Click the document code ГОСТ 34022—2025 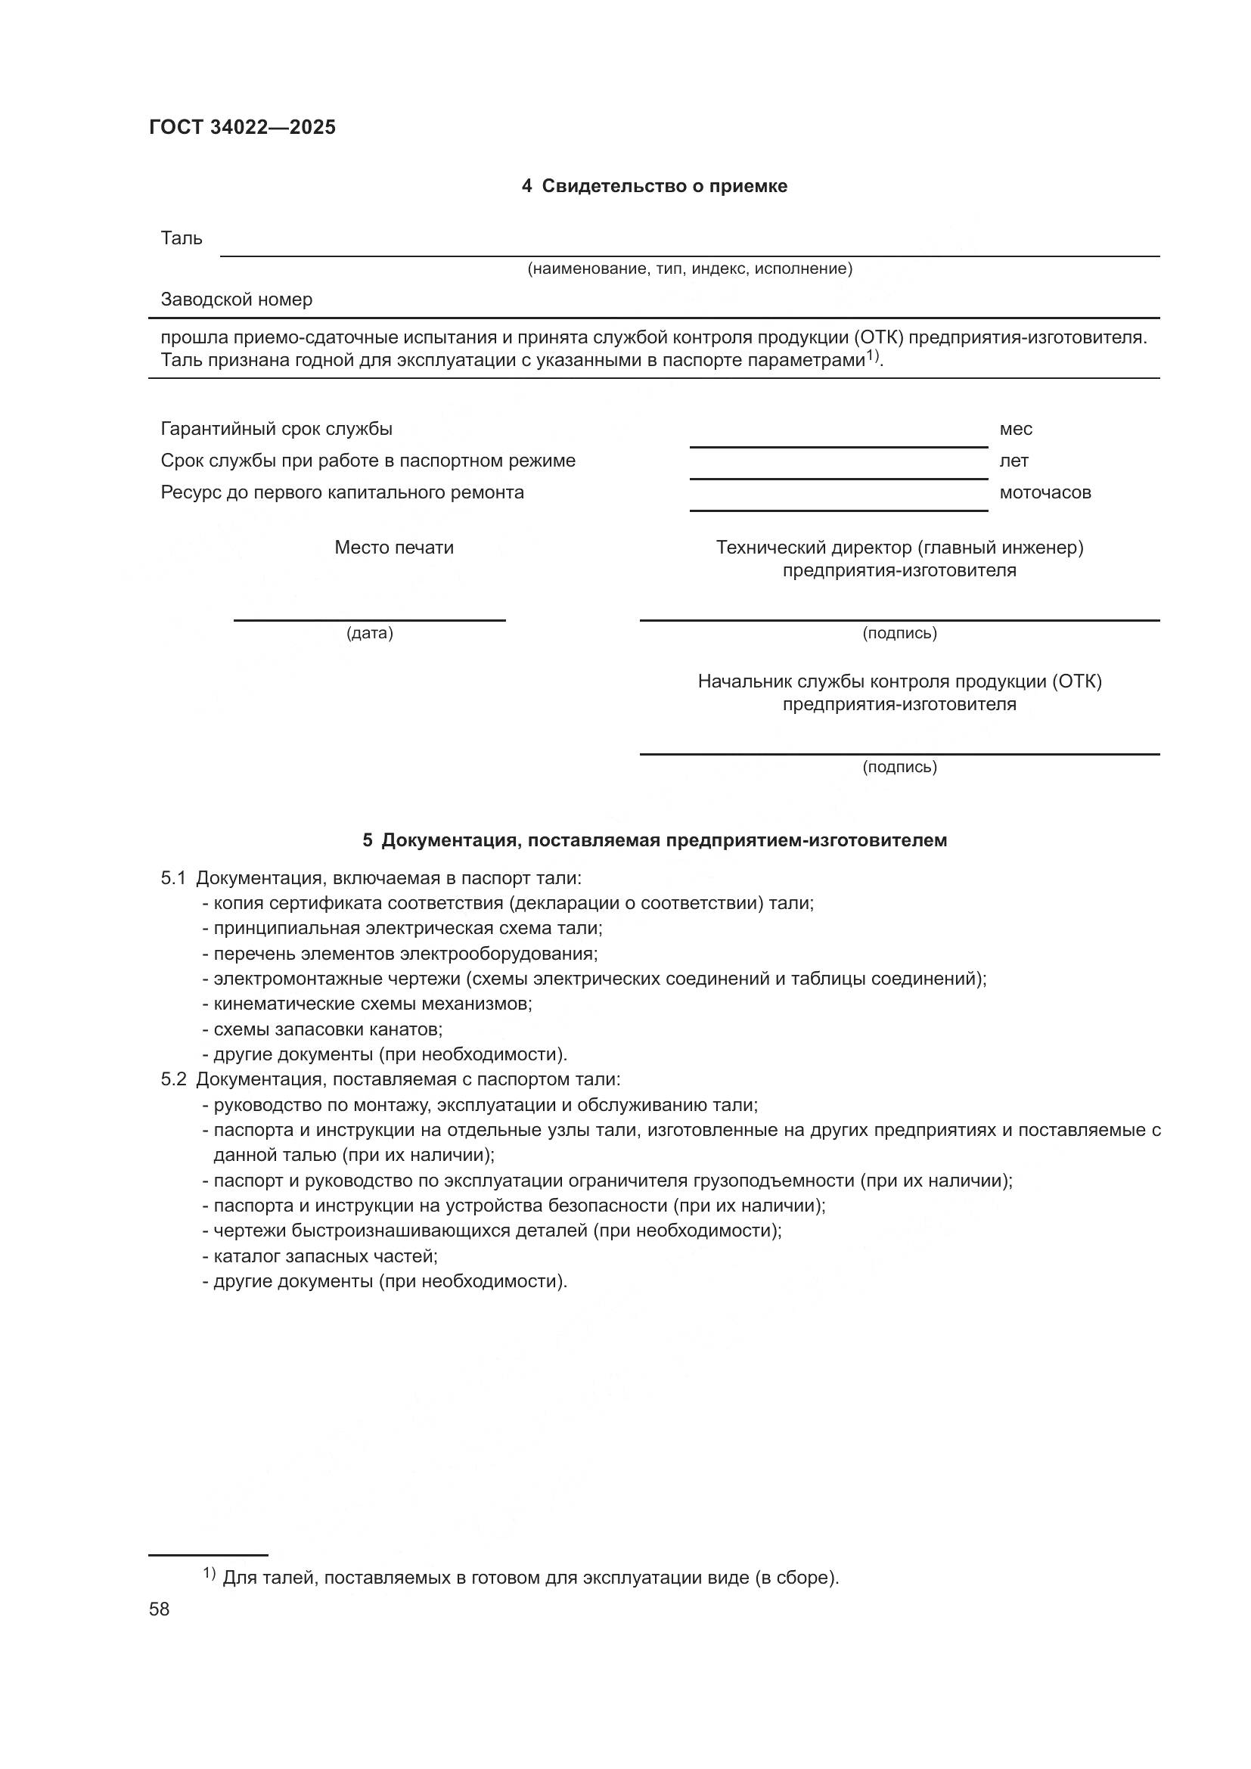[242, 127]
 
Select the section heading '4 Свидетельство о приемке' [654, 186]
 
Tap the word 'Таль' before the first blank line [181, 238]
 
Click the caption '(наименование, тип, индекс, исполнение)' [690, 268]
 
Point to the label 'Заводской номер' [237, 299]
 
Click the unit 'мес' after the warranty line [1015, 428]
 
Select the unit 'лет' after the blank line [1014, 461]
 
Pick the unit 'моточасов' [1045, 492]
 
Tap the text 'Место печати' [393, 548]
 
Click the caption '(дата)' [370, 633]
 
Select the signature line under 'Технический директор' [899, 619]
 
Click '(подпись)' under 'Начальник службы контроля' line [899, 767]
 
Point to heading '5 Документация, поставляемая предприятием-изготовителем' [654, 839]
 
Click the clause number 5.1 [173, 878]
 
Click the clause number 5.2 [173, 1079]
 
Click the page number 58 [160, 1609]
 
